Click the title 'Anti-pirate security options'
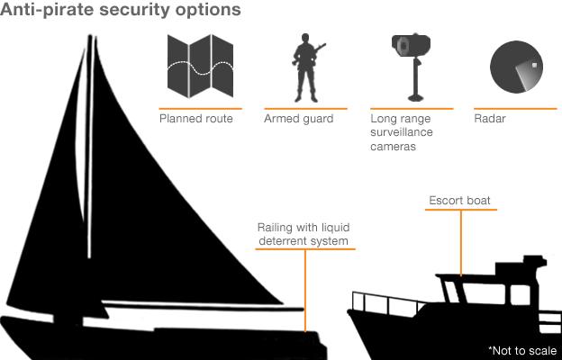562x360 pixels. [122, 12]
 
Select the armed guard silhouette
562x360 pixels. [306, 67]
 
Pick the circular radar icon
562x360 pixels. [515, 67]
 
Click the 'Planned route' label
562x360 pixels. [195, 119]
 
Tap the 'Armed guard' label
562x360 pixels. [298, 119]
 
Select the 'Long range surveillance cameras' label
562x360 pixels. [402, 132]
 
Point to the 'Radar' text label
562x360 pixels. [490, 119]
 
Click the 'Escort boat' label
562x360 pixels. [460, 201]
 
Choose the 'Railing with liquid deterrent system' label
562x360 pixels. [303, 234]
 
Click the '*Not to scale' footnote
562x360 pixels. [523, 350]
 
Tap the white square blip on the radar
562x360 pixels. [534, 64]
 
